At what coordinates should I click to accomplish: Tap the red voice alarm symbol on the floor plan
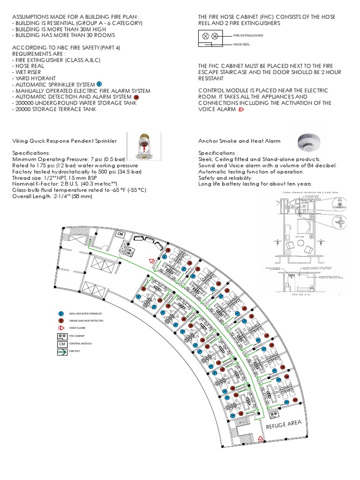[151, 261]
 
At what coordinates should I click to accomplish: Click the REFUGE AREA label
[283, 426]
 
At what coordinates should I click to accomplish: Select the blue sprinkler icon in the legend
[60, 313]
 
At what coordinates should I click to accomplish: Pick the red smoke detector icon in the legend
[60, 321]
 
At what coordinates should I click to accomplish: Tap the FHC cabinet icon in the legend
[61, 336]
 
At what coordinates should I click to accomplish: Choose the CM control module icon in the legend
[61, 343]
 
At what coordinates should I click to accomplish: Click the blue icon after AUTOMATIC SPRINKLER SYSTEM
[99, 83]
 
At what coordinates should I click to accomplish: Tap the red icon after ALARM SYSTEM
[136, 97]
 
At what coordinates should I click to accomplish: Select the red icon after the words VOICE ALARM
[242, 109]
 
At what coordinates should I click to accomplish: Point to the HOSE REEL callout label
[242, 45]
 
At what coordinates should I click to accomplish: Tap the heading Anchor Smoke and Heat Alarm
[240, 141]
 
